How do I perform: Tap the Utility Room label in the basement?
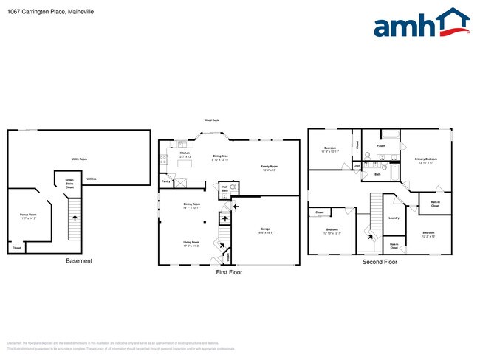pos(80,159)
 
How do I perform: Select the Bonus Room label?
pos(29,216)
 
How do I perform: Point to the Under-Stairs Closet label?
pos(69,184)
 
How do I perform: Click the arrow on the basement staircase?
pos(74,219)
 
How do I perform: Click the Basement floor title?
pos(79,261)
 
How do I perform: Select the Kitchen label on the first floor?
pos(185,155)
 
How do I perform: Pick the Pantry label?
pos(166,181)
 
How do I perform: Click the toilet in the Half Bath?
pos(233,188)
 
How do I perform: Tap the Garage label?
pos(267,231)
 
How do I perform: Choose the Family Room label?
pos(269,167)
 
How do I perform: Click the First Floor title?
pos(228,272)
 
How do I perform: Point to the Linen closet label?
pos(357,166)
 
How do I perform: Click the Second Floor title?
pos(380,262)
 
